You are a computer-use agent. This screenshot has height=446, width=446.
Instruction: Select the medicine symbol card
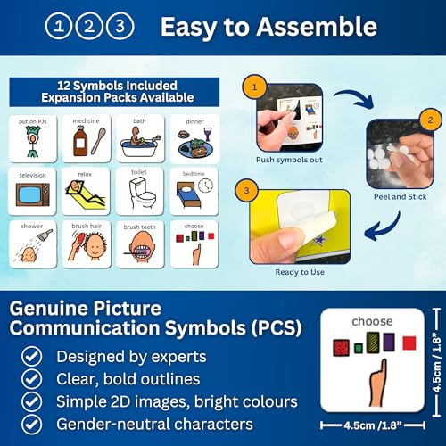pos(86,138)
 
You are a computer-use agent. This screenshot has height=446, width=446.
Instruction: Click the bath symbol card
pos(140,138)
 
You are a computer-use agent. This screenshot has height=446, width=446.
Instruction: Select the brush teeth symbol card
pos(140,242)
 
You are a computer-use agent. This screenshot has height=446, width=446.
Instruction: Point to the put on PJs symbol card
pos(32,138)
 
